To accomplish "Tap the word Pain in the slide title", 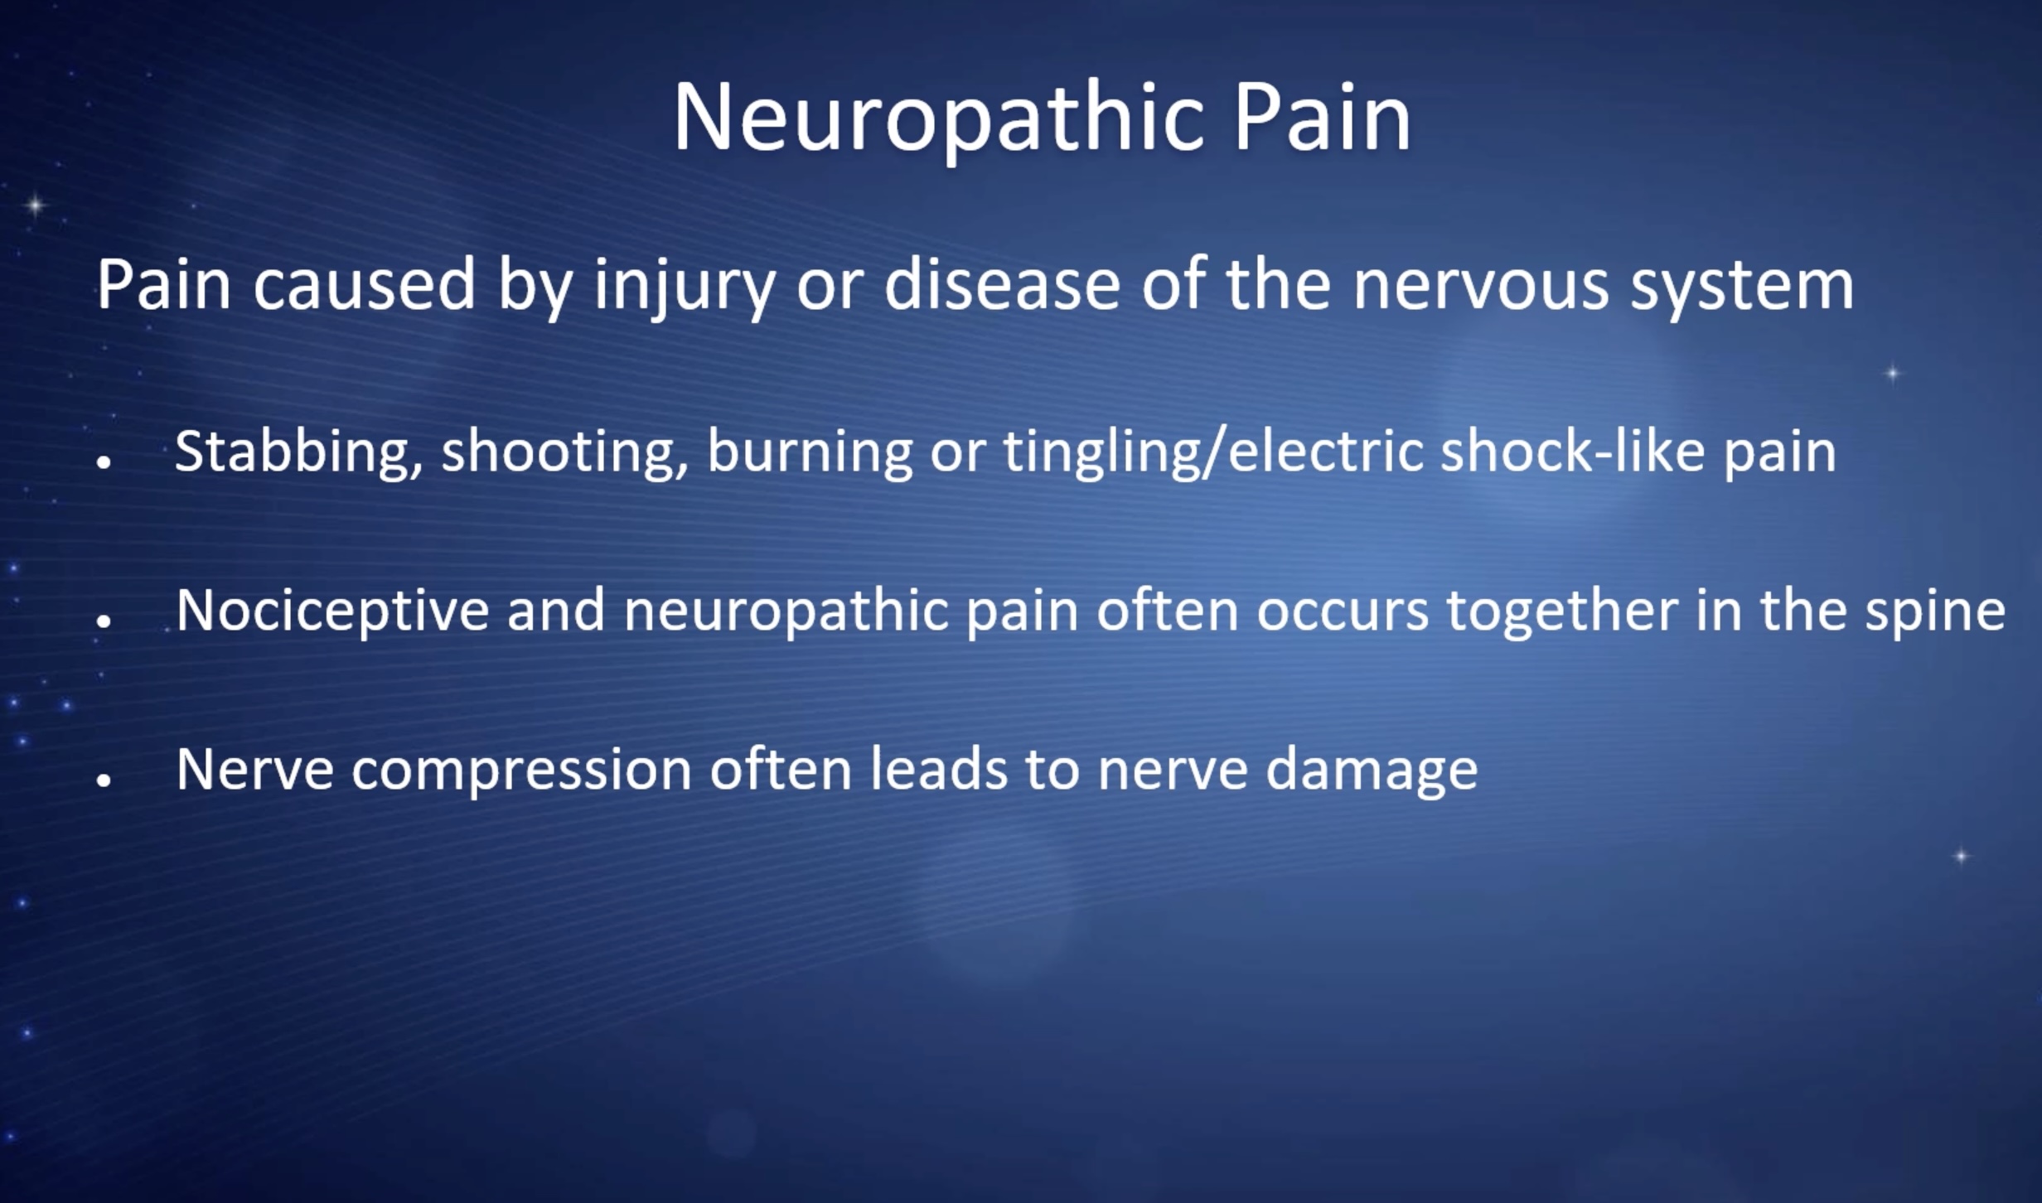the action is click(1322, 117).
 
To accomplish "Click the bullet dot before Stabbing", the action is click(104, 461).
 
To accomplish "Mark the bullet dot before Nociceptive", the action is click(104, 621).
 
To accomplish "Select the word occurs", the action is click(1343, 614).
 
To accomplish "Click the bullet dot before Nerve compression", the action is click(104, 780).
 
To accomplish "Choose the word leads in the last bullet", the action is click(938, 769).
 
